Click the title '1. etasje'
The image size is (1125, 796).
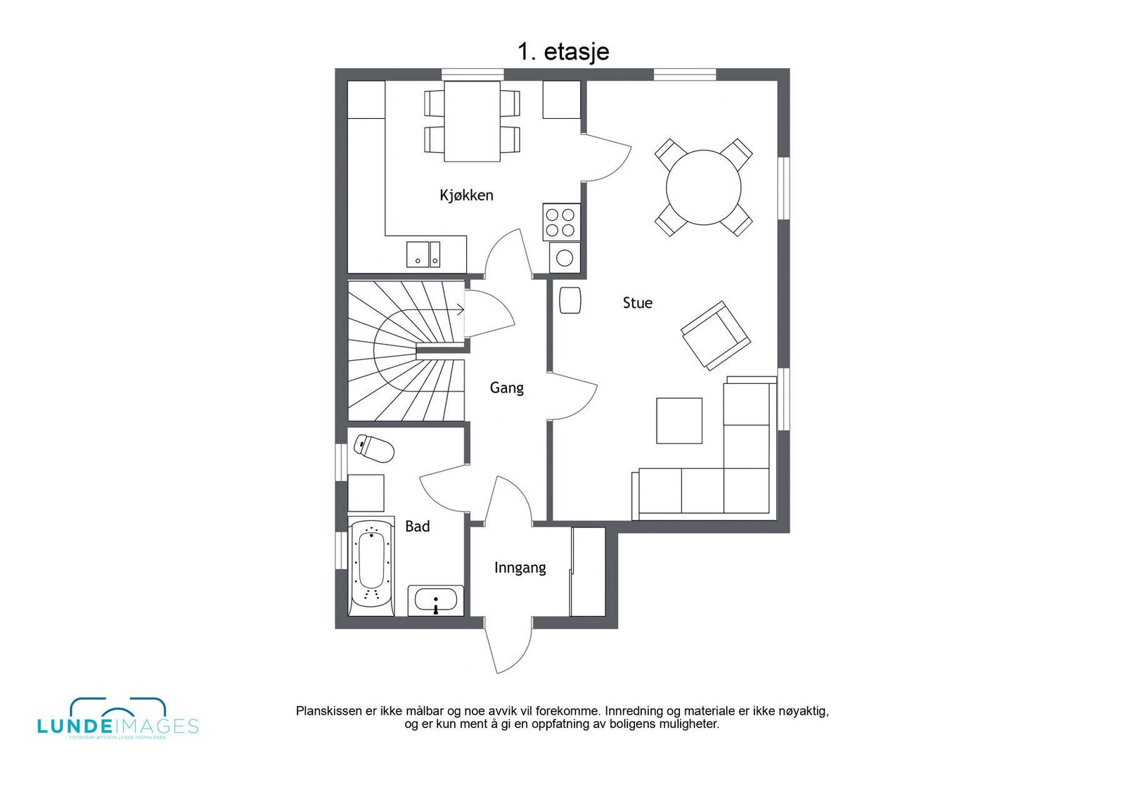coord(562,51)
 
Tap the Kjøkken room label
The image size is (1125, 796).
coord(466,195)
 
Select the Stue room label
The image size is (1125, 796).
coord(637,303)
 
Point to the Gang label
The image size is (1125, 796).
coord(506,387)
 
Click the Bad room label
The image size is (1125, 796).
coord(417,526)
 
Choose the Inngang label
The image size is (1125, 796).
coord(520,567)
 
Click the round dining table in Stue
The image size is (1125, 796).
coord(703,187)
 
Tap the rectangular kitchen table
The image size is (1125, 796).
coord(472,121)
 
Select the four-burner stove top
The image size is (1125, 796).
coord(562,222)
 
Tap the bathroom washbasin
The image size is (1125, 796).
coord(436,601)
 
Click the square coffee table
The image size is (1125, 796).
coord(679,421)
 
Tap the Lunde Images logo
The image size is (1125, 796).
coord(117,719)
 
